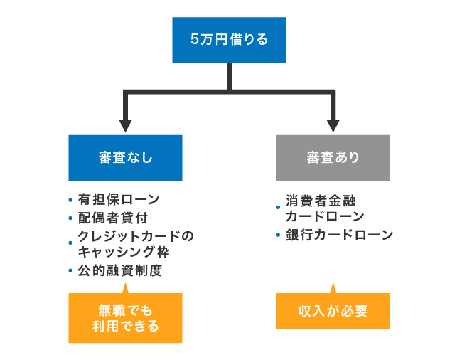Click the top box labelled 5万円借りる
229,40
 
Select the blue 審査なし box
125,157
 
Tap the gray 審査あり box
333,157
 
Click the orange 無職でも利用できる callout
125,318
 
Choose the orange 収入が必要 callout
333,311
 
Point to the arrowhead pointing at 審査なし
126,125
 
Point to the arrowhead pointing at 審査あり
333,125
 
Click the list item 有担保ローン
119,199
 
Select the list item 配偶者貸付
113,218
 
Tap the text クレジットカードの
135,235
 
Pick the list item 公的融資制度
120,270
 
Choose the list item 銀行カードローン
339,235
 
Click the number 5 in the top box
194,40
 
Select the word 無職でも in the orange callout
125,310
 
